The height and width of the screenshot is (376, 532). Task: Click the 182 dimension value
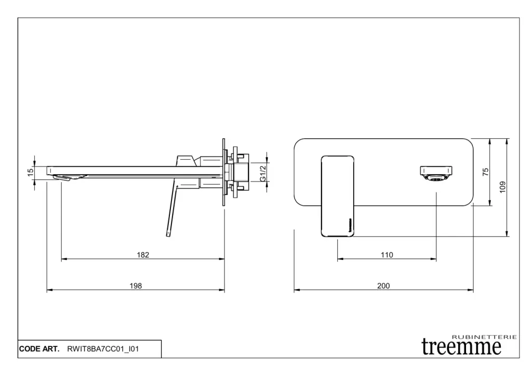click(x=143, y=255)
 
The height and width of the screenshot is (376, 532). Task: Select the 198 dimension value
click(x=136, y=286)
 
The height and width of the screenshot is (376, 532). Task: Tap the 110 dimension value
click(x=387, y=255)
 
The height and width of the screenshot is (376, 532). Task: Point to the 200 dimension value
click(x=383, y=286)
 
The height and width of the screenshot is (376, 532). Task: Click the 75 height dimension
click(x=486, y=172)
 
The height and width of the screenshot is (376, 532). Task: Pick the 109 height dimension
click(x=502, y=187)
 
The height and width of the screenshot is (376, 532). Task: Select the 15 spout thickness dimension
click(x=31, y=173)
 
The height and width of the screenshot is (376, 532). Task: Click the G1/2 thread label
click(x=262, y=173)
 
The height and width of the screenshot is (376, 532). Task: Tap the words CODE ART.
click(x=39, y=349)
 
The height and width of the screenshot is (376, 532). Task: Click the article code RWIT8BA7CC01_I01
click(x=103, y=349)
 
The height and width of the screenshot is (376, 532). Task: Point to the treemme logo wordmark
click(x=461, y=347)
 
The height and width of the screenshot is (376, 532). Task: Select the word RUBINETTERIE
click(x=485, y=337)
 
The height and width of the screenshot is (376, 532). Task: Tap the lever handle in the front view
click(x=338, y=196)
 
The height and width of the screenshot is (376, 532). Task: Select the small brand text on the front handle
click(x=351, y=224)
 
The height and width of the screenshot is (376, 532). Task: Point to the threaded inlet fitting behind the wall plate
click(x=240, y=173)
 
